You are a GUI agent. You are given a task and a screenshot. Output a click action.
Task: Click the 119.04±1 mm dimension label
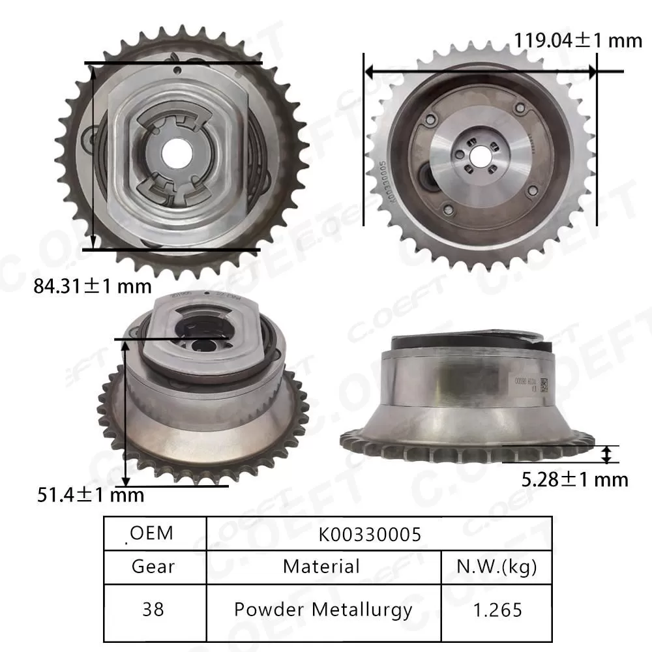tap(578, 40)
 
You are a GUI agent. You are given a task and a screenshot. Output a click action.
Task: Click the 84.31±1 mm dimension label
tap(92, 286)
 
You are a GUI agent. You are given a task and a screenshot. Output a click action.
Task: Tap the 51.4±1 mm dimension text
tap(89, 495)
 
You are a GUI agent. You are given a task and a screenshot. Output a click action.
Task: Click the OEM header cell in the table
tap(152, 533)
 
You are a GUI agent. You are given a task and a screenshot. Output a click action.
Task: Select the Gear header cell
tap(153, 566)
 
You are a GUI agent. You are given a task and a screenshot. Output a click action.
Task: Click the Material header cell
tap(321, 566)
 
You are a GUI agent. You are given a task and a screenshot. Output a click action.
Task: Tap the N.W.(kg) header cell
tap(497, 566)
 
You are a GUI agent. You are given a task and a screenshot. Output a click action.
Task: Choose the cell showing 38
tap(153, 609)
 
